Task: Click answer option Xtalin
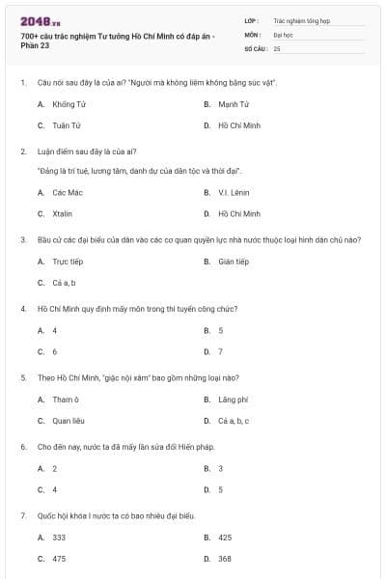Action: point(63,213)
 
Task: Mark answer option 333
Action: point(59,537)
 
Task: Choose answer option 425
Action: point(225,537)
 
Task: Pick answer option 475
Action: point(59,558)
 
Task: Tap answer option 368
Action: point(225,558)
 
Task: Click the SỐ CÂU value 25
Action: point(278,47)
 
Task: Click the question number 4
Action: point(22,309)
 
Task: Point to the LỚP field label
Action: point(252,19)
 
